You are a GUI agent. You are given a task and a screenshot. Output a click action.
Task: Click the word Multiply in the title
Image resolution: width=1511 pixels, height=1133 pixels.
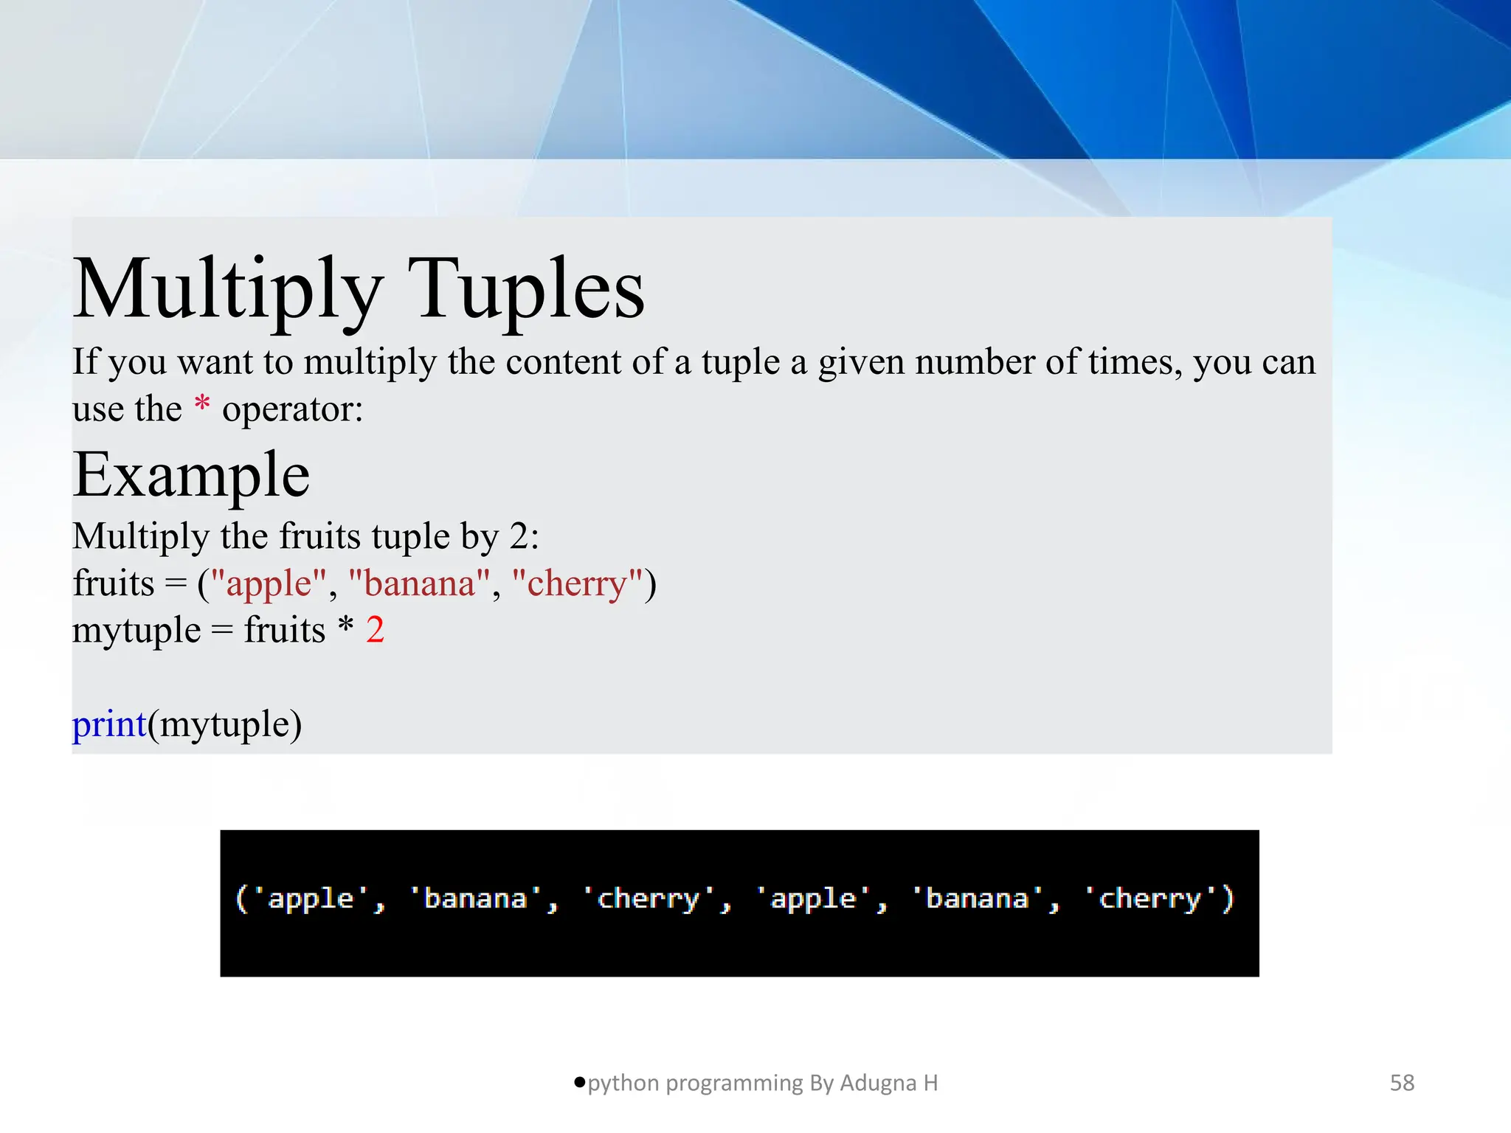[228, 290]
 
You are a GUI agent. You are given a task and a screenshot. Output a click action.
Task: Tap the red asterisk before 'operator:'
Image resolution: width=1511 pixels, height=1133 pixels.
[201, 404]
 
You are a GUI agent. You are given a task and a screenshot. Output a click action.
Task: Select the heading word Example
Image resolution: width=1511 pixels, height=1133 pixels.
[191, 475]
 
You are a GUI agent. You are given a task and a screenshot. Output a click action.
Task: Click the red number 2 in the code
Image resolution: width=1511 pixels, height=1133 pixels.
[375, 630]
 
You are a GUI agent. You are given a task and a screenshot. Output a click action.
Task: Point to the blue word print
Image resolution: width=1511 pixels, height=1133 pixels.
[109, 724]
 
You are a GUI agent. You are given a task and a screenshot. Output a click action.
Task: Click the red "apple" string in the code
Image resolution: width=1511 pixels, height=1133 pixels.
[269, 583]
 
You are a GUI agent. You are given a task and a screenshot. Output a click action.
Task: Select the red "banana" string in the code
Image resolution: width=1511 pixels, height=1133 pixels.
[420, 583]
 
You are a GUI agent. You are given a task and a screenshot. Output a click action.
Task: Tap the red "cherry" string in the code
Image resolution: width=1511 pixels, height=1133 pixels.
[577, 583]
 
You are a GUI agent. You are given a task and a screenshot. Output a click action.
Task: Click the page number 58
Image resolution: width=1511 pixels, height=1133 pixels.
[1402, 1083]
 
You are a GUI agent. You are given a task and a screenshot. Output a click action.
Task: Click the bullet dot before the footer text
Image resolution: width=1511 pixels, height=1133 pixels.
[579, 1082]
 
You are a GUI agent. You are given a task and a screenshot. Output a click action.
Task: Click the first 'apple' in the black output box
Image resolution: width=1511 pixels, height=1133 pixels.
[311, 899]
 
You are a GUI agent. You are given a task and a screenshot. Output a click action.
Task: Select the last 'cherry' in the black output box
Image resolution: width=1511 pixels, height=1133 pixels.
[1149, 899]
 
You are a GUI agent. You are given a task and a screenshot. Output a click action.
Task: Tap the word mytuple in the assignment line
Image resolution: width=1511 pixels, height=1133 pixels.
[136, 631]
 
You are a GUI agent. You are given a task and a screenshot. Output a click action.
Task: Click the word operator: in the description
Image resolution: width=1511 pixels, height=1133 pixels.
[293, 409]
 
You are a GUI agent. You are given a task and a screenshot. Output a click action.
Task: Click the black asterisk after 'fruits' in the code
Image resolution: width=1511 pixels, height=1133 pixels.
[345, 627]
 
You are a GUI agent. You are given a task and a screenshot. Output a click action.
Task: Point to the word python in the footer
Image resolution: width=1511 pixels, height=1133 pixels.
[623, 1084]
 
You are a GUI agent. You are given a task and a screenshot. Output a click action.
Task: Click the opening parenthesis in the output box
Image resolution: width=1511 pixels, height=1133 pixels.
[241, 899]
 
